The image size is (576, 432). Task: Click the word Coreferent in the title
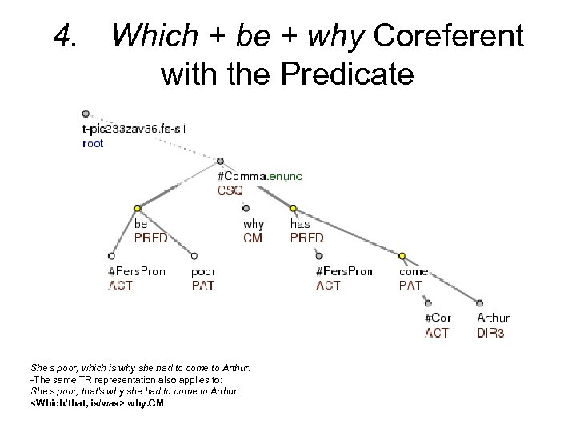pos(448,35)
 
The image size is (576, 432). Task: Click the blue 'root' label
pos(93,144)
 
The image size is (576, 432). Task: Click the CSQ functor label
pos(230,190)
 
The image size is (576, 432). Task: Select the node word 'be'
pos(140,224)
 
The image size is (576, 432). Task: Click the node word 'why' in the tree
pos(253,224)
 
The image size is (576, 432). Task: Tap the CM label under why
pos(253,238)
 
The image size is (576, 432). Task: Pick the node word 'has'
pos(299,224)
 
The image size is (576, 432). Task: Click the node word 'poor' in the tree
pos(203,271)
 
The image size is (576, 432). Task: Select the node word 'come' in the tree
pos(413,271)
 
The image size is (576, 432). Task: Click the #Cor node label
pos(438,318)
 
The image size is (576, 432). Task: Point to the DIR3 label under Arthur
pos(490,332)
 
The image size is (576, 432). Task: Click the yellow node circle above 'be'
pos(137,208)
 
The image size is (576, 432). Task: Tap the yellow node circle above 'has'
pos(294,208)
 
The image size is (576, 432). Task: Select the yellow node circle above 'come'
pos(402,256)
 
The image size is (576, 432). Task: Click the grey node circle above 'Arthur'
pos(480,303)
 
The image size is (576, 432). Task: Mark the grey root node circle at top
pos(86,114)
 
